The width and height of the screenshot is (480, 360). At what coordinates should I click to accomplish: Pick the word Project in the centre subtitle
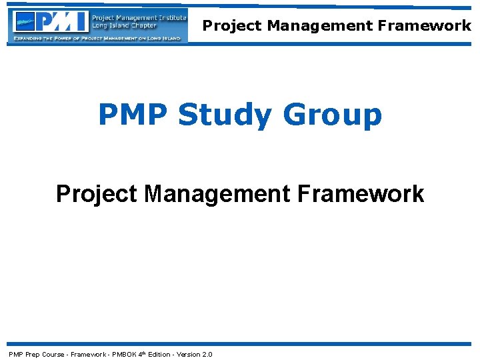(x=97, y=194)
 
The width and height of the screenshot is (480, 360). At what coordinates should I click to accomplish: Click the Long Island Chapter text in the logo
(x=124, y=26)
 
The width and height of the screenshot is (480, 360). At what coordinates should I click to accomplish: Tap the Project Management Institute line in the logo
(x=139, y=17)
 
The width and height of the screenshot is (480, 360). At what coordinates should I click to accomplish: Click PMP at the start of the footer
(x=15, y=354)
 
